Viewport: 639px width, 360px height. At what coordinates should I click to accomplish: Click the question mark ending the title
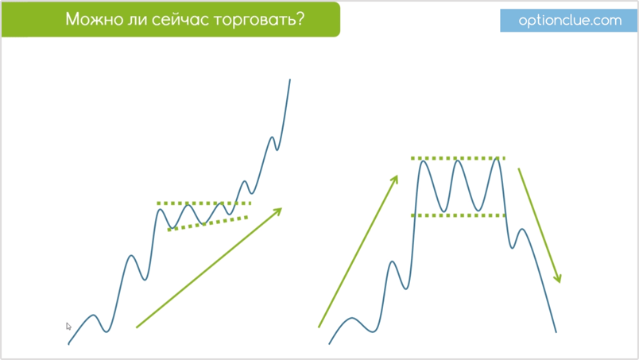pyautogui.click(x=300, y=19)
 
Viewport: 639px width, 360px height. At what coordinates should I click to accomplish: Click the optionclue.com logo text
pyautogui.click(x=570, y=21)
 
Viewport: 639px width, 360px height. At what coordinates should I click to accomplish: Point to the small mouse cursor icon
pyautogui.click(x=68, y=326)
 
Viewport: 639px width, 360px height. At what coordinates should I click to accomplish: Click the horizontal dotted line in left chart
pyautogui.click(x=203, y=203)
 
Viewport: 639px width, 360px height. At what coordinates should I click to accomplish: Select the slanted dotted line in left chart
pyautogui.click(x=208, y=223)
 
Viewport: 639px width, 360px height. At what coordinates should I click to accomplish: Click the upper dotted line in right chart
pyautogui.click(x=458, y=158)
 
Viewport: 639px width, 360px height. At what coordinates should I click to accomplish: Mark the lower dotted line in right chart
pyautogui.click(x=458, y=215)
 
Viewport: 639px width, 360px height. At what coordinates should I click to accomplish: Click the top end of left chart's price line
pyautogui.click(x=290, y=79)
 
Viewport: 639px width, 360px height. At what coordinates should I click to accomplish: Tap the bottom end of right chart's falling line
pyautogui.click(x=556, y=332)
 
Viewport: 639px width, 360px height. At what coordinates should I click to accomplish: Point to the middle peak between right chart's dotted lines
pyautogui.click(x=458, y=161)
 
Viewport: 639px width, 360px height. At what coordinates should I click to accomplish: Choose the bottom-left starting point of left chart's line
pyautogui.click(x=68, y=344)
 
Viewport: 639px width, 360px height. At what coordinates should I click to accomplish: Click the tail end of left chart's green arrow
pyautogui.click(x=137, y=327)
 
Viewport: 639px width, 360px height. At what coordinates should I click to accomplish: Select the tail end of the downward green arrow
pyautogui.click(x=519, y=168)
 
